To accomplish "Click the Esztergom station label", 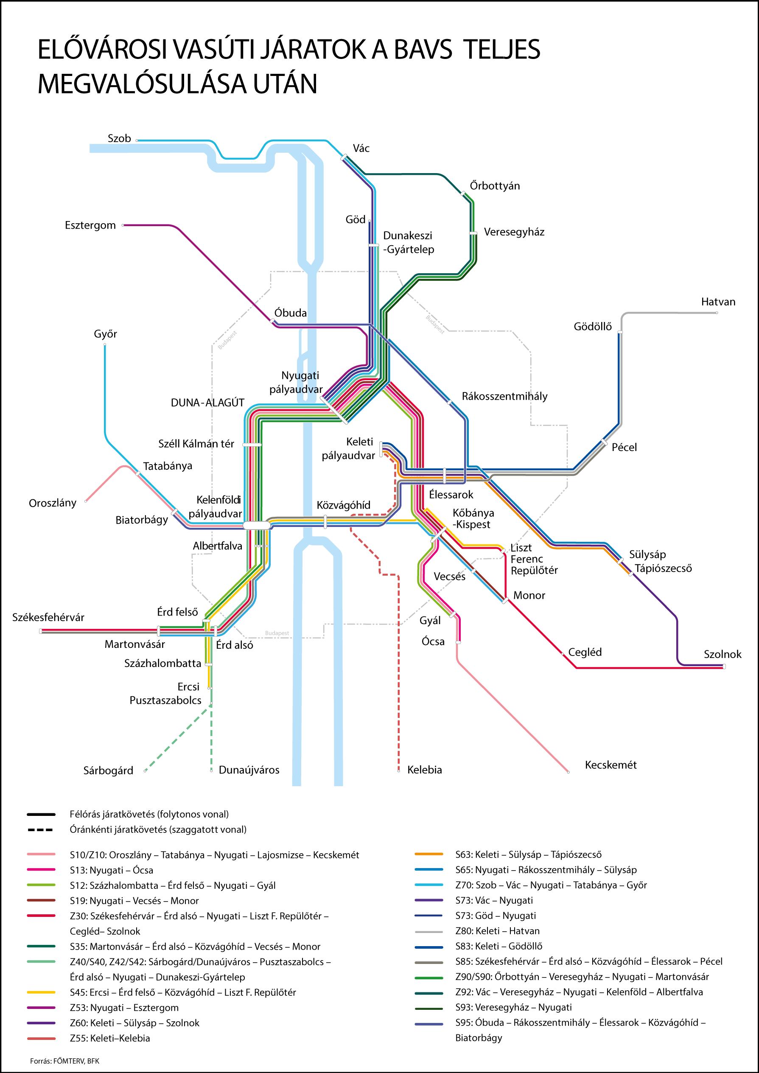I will [90, 225].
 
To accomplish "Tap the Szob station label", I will [119, 138].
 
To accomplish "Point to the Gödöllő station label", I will [593, 327].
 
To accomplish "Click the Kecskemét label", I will [611, 765].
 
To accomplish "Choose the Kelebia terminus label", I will [424, 770].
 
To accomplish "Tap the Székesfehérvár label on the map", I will [48, 617].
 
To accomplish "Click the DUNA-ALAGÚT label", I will [207, 403].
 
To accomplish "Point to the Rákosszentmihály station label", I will [504, 396].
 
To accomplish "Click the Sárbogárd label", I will [109, 770].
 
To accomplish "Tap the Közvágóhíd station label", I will [344, 505].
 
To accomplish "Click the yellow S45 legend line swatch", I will [41, 992].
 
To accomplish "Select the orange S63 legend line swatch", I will [429, 854].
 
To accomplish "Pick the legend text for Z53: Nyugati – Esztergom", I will [124, 1008].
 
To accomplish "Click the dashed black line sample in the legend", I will [41, 830].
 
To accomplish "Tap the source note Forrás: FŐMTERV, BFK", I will [64, 1061].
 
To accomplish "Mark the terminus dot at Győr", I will [105, 345].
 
